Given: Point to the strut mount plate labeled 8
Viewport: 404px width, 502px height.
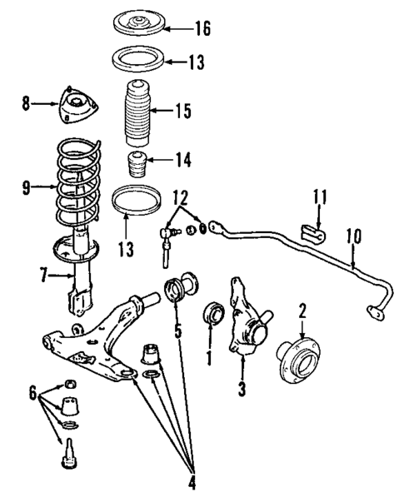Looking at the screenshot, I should click(76, 107).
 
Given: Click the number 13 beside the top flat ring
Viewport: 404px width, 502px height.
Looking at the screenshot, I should click(195, 61).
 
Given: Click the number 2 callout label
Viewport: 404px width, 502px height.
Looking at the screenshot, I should click(303, 311).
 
